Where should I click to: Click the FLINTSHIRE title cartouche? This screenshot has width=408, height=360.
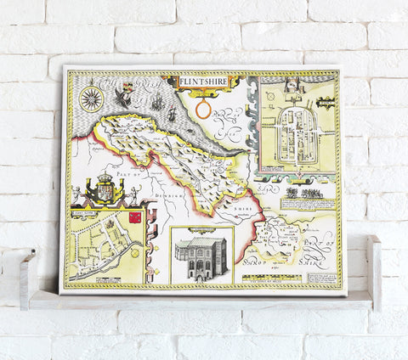point(202,82)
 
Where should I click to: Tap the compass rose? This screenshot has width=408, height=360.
point(92,99)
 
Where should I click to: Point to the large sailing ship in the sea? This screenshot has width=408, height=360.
point(159,104)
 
